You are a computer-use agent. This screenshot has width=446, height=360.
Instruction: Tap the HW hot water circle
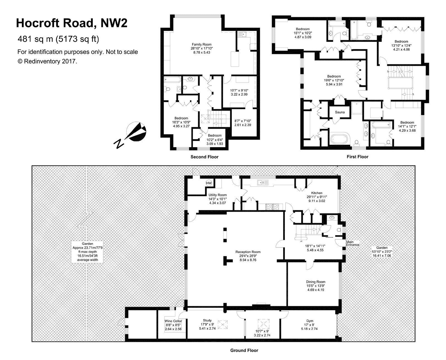209,183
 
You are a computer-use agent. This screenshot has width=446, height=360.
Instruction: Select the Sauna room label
340,112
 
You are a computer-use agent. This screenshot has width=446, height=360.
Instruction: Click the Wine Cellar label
173,321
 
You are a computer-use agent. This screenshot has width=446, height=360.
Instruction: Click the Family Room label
202,44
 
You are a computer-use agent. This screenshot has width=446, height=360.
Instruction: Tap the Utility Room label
217,195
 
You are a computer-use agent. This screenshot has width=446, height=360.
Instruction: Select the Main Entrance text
353,243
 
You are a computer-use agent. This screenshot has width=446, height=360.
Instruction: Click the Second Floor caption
204,157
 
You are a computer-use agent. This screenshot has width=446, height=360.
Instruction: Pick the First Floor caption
357,157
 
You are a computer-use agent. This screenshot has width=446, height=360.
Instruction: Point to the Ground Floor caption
244,350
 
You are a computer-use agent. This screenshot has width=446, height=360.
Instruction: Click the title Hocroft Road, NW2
72,23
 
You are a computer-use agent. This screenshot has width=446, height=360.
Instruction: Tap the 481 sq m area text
58,39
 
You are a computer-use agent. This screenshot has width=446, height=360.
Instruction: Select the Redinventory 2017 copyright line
47,61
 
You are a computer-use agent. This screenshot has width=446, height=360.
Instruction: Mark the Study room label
207,320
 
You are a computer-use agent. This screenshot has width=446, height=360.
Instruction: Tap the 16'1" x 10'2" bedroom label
303,29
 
